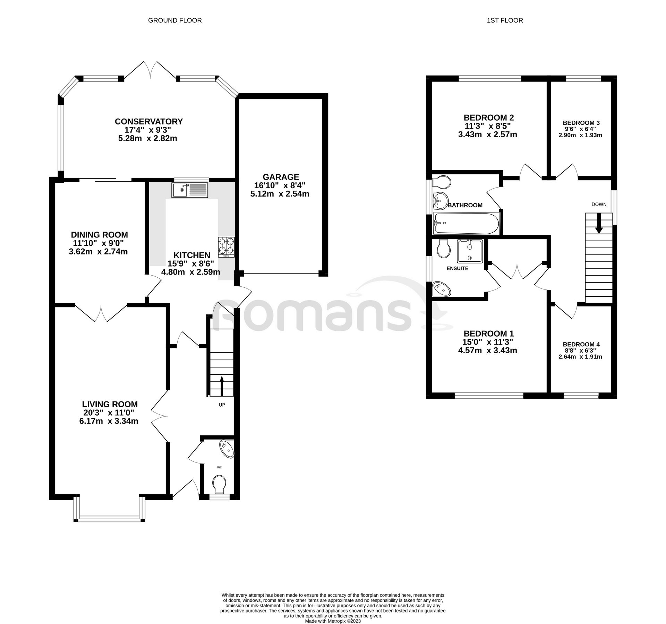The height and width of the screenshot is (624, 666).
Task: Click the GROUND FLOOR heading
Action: point(175,20)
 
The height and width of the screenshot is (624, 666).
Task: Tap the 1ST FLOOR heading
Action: point(505,20)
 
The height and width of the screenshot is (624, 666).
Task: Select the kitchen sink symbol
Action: point(189,190)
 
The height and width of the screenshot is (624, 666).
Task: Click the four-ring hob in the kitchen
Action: point(226,247)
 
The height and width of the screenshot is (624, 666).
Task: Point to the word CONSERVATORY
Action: point(148,122)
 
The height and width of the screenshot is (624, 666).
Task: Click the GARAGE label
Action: point(281,177)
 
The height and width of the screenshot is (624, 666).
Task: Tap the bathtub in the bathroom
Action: point(467,223)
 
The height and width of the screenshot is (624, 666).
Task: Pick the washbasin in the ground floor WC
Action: point(228,449)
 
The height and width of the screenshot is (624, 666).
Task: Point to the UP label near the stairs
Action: point(222,405)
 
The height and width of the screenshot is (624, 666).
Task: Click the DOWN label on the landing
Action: point(599,204)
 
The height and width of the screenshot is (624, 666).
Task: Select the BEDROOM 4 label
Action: point(581,344)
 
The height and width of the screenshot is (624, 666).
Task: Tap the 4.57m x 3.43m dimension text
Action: point(487,350)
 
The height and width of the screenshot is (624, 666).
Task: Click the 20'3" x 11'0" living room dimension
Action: point(110,413)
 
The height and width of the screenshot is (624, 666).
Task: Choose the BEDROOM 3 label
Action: point(581,123)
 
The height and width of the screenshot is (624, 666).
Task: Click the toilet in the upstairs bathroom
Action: point(442,181)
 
